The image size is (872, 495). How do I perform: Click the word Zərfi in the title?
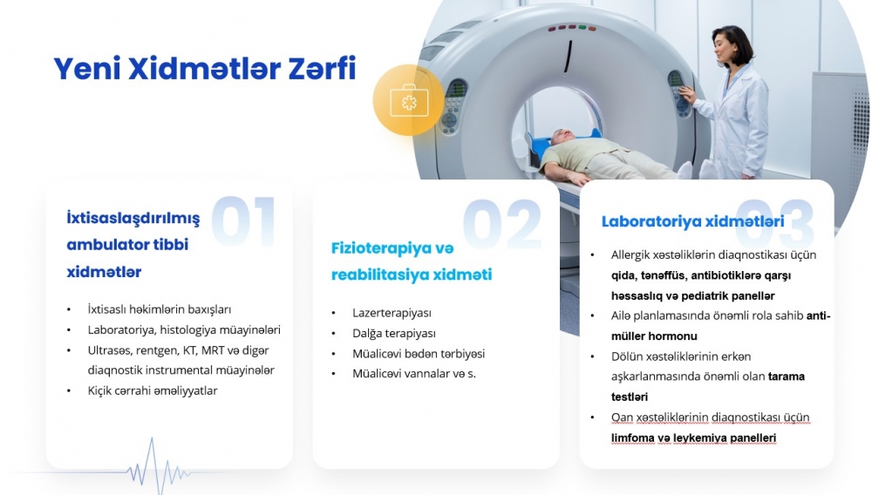pos(322,69)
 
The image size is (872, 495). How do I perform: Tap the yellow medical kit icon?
pos(409,100)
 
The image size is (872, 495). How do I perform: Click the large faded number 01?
pos(243,220)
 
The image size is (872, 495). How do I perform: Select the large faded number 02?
pos(502,225)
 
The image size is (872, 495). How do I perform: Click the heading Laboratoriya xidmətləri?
pos(693,221)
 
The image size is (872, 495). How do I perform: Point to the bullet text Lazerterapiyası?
pos(392,313)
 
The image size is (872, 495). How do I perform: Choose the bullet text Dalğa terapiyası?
pos(394,333)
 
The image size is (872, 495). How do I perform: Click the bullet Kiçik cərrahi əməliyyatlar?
pos(153,390)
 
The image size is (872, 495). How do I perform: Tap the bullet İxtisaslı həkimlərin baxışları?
pos(159,309)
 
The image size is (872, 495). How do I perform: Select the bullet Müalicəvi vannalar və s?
pos(413,373)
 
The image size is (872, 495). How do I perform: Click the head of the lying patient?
pos(563,137)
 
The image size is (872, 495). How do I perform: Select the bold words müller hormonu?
pos(654,336)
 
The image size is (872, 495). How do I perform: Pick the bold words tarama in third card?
pos(787,376)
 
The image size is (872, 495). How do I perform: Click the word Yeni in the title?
pos(86,69)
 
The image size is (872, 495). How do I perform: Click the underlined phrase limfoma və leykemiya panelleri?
pos(693,437)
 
